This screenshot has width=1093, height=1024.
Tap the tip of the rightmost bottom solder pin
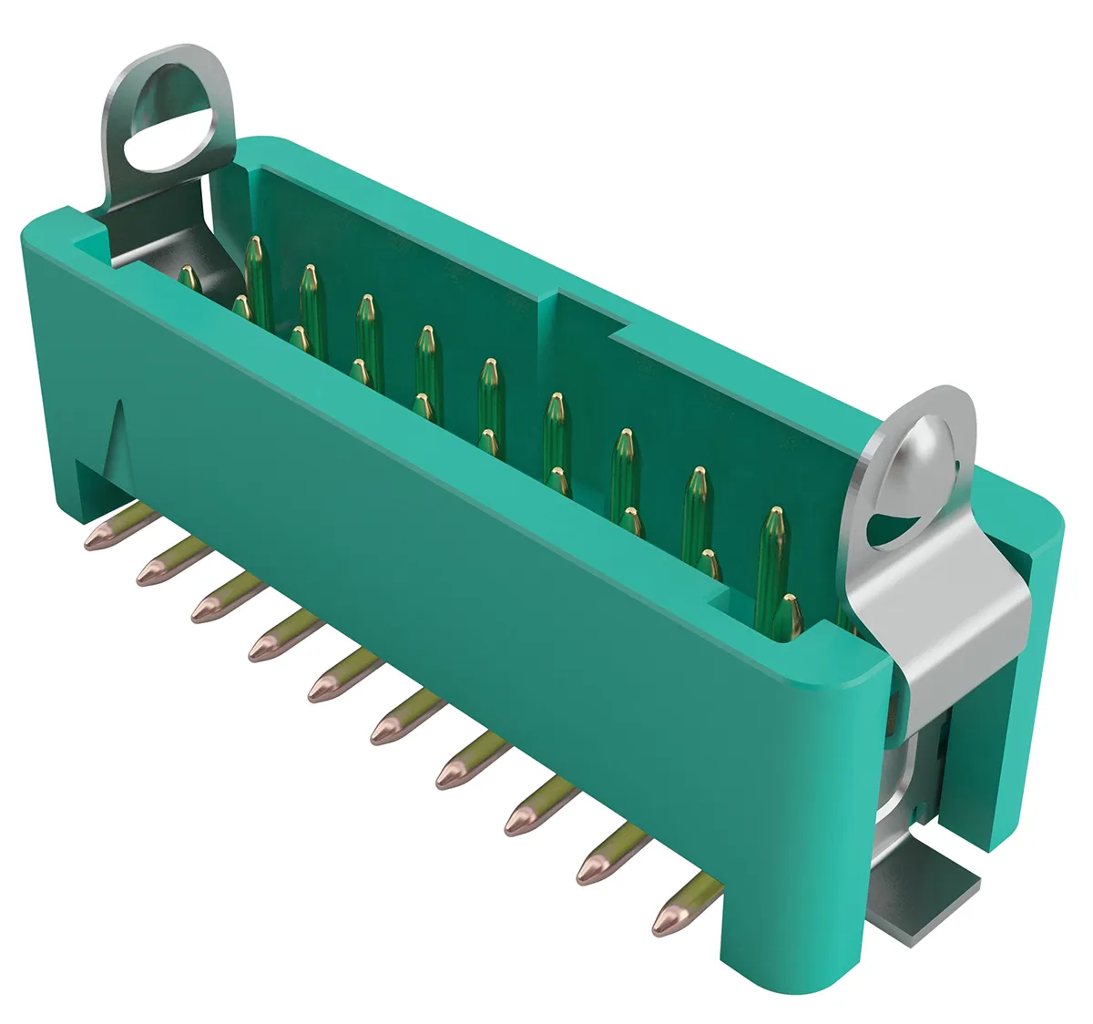667,920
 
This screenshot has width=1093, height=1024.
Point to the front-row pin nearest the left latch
189,278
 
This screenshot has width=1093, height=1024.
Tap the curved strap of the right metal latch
947,620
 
